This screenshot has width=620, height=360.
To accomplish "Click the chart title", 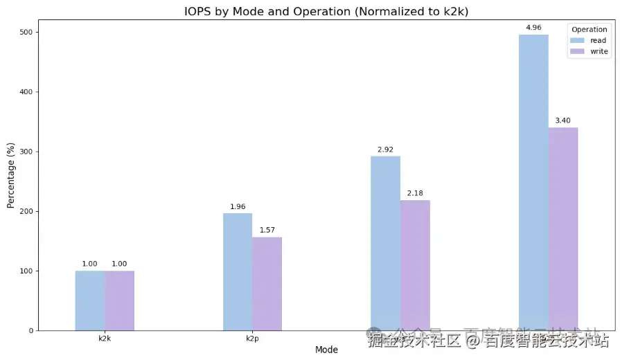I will tap(326, 12).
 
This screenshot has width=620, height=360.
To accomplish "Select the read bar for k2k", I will tap(90, 300).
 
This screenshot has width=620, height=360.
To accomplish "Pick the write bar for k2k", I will tap(120, 300).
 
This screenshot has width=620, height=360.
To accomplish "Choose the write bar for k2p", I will tap(267, 284).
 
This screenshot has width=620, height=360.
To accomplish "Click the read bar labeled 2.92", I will tap(385, 243).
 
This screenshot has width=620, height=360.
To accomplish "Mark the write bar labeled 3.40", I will tap(563, 228).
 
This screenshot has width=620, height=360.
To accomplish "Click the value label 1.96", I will tap(238, 206).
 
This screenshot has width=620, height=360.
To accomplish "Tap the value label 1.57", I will tap(267, 230).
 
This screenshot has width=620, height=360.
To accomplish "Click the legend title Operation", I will tap(590, 30).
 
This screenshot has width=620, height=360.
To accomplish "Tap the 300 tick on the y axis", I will tap(26, 152).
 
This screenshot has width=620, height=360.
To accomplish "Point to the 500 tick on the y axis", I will tap(26, 33).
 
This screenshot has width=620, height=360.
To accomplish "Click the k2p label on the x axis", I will tap(252, 339).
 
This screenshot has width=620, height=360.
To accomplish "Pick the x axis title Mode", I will tap(326, 350).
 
